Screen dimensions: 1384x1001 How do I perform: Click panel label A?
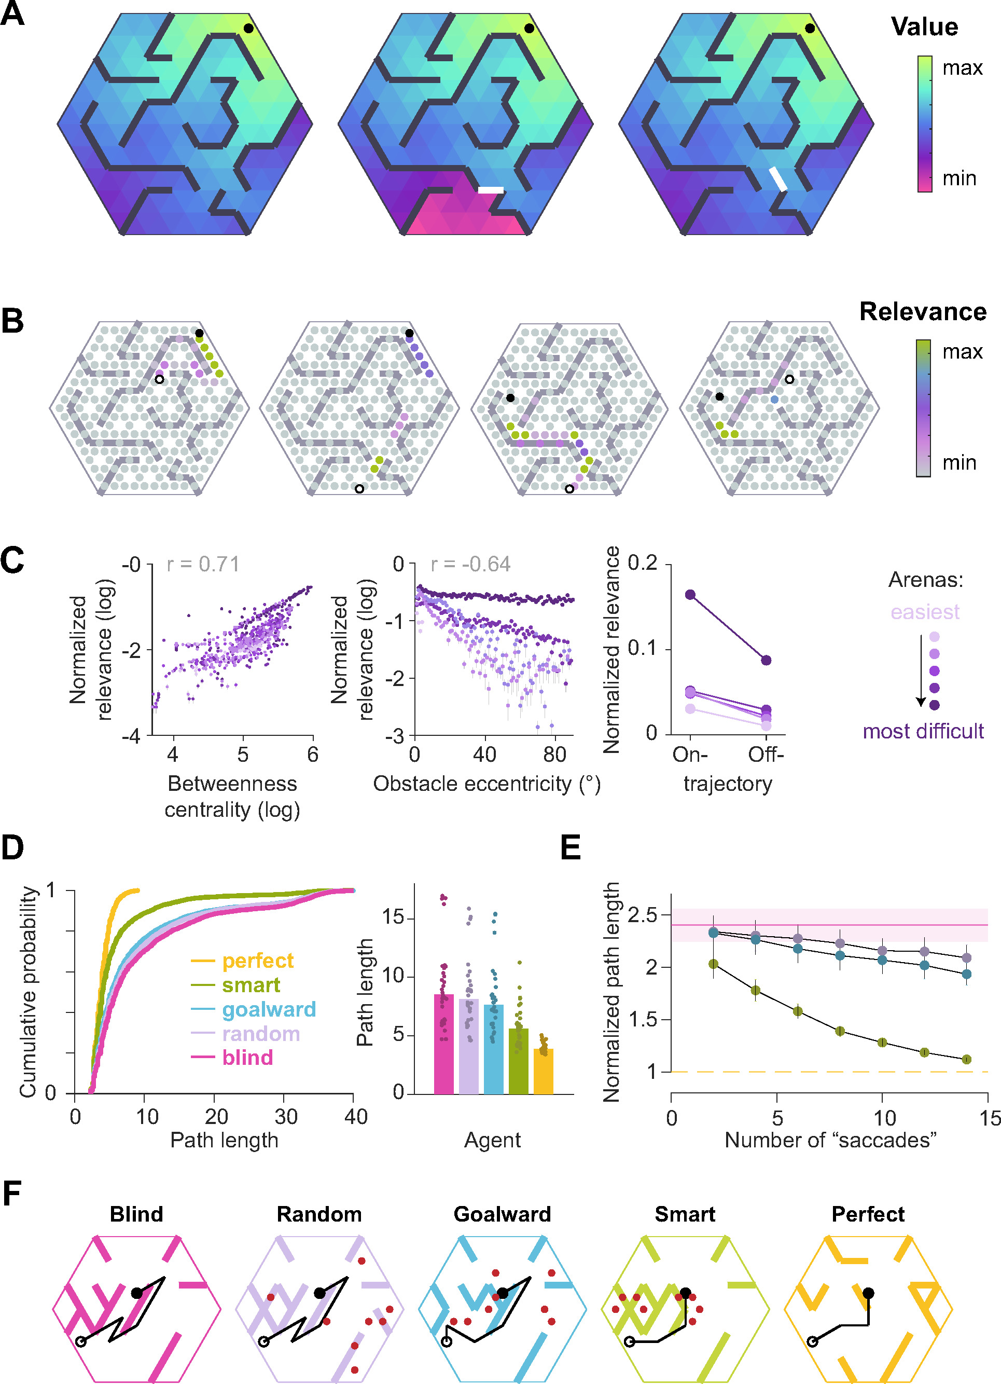tap(12, 13)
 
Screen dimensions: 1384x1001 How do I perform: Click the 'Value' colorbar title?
tap(924, 28)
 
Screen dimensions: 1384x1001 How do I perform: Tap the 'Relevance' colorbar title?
tap(922, 312)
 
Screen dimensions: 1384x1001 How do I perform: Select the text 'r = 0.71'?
tap(203, 564)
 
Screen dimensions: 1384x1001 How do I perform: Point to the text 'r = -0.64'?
tap(470, 564)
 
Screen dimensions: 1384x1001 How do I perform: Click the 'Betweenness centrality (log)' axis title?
tap(232, 797)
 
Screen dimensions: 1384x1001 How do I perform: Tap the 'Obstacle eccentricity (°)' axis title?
tap(487, 784)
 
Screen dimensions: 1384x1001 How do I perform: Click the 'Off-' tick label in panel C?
tap(766, 755)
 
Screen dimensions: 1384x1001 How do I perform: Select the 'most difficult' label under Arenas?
tap(922, 731)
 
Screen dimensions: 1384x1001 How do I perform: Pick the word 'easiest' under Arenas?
tap(924, 611)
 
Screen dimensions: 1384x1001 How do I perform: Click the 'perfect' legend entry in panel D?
tap(257, 961)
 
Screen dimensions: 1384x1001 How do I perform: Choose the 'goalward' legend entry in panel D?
tap(268, 1009)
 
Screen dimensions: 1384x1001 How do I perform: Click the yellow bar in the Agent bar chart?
tap(544, 1071)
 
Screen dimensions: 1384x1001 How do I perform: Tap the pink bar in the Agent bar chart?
tap(443, 1044)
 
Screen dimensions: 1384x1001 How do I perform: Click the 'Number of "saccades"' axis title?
tap(830, 1140)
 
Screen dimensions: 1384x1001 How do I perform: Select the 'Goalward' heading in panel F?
tap(502, 1214)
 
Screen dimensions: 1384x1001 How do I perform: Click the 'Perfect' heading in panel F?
tap(868, 1214)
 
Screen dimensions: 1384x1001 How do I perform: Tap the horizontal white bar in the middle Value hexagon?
tap(491, 190)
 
